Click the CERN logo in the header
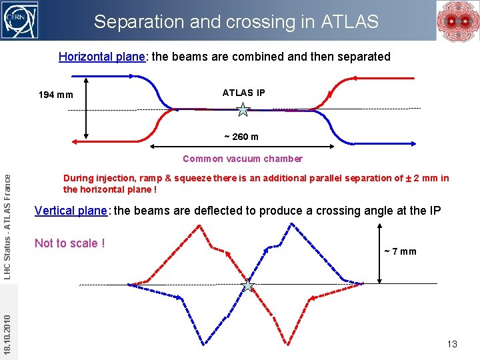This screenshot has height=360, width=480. [x=21, y=20]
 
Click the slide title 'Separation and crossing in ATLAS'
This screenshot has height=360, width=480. [x=236, y=22]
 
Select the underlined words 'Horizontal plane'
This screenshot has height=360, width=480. [x=101, y=57]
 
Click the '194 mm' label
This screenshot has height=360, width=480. [x=56, y=95]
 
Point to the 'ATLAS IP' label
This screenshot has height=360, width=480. [x=243, y=93]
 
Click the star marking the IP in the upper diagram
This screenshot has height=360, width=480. [x=243, y=110]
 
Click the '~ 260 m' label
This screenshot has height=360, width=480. [x=241, y=137]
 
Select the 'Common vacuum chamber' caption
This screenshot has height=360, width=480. [x=243, y=159]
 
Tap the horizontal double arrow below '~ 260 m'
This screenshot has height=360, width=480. [x=241, y=145]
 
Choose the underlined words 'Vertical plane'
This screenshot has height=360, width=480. [x=71, y=211]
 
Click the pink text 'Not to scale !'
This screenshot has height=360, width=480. [x=69, y=243]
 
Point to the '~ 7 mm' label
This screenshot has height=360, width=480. [x=400, y=251]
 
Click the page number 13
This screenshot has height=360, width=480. [x=452, y=344]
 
